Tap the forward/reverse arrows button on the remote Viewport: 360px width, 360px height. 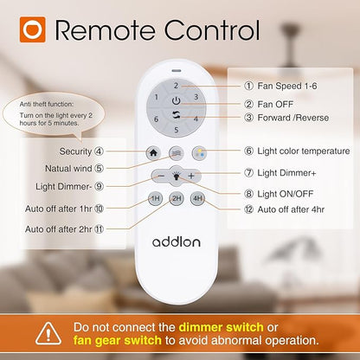coord(177,115)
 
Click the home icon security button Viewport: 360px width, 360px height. coord(153,152)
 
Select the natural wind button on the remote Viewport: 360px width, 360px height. coord(176,152)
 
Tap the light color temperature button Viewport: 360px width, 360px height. coord(199,152)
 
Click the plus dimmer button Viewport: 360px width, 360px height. coord(191,176)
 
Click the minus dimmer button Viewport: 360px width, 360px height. coord(161,176)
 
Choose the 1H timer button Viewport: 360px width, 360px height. coord(155,198)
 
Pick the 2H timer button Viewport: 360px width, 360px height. coord(177,198)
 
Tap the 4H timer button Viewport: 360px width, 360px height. coord(198,198)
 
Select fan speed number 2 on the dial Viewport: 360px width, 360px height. coord(176,86)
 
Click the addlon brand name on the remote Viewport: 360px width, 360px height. coord(177,241)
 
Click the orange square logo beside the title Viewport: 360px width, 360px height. coord(33,29)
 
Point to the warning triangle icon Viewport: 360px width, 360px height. coord(48,334)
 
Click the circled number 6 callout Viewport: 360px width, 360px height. coord(248,151)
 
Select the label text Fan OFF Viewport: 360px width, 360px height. coord(275,104)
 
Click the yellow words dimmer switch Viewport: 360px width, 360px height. coord(221,327)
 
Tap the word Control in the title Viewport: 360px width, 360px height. coord(212,30)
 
